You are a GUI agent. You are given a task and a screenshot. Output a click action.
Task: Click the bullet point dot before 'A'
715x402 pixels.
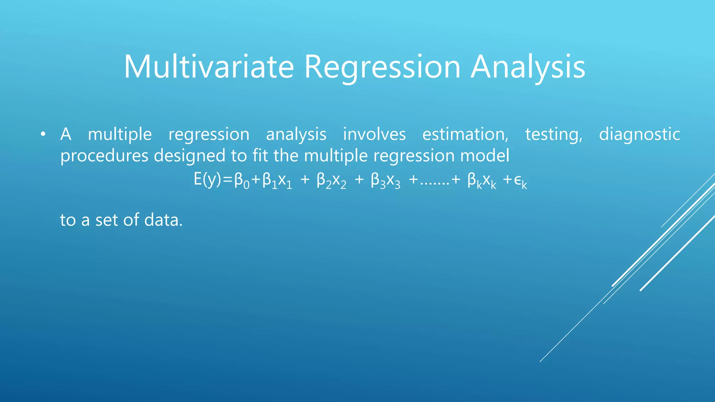point(43,134)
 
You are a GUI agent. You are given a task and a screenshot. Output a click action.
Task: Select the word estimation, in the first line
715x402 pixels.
point(465,134)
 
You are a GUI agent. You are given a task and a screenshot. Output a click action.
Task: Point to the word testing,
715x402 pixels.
point(554,134)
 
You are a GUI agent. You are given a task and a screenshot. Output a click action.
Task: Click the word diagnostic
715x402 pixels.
point(639,134)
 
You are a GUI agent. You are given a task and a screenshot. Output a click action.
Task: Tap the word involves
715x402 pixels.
point(374,134)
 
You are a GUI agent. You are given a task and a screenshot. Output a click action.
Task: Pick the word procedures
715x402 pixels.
point(104,156)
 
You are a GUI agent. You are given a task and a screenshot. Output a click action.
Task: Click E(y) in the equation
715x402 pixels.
point(207,180)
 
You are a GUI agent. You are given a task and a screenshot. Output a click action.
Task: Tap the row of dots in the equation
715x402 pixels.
point(434,184)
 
